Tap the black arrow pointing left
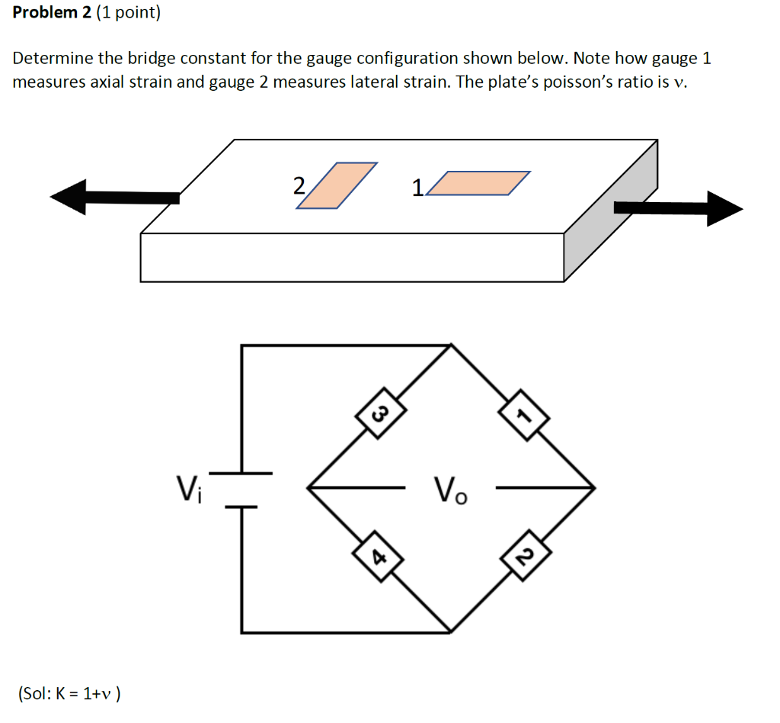[114, 198]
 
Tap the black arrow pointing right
[678, 208]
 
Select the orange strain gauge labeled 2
[337, 185]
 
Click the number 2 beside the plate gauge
[299, 185]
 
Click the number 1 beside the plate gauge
[417, 187]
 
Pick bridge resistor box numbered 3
[378, 415]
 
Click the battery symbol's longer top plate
[241, 474]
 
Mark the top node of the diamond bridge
[451, 345]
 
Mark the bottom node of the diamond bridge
[451, 632]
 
